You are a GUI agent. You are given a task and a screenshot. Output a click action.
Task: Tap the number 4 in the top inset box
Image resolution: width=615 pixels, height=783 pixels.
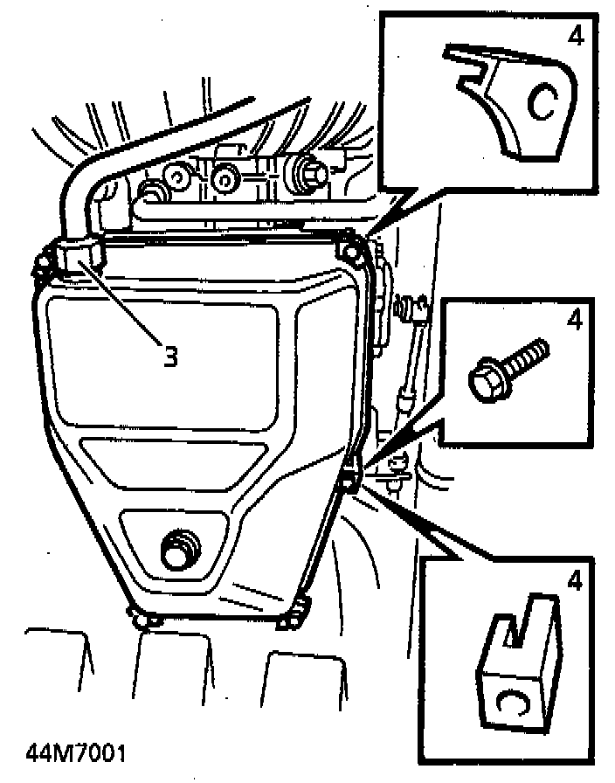coord(575,36)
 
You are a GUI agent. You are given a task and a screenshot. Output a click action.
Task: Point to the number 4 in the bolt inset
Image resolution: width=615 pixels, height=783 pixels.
coord(574,321)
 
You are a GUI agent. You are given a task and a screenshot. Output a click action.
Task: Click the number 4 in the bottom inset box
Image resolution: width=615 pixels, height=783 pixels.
coord(574,580)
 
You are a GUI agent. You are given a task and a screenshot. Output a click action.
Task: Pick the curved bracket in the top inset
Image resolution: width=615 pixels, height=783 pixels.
coord(515,100)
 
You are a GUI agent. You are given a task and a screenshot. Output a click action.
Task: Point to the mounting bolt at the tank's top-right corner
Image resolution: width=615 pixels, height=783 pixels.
coord(353,252)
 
